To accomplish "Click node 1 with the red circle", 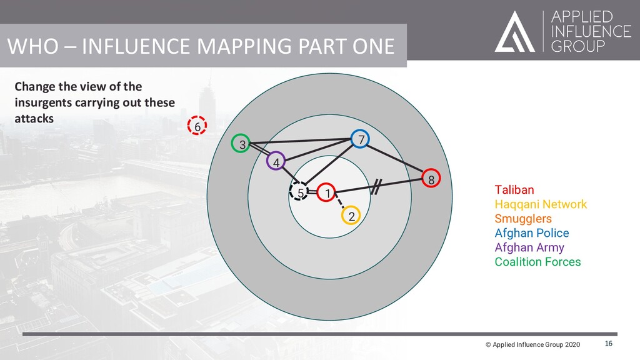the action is [x=326, y=193].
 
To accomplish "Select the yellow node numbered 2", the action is [x=351, y=216].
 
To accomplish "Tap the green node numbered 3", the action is [x=241, y=144].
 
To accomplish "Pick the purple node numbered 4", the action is [x=276, y=162].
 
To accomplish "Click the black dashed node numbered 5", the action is [x=300, y=192].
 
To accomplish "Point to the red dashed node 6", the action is [x=197, y=126].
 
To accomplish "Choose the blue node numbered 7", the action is [x=360, y=139].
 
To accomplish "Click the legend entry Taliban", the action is [x=514, y=189].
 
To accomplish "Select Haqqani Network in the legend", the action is [x=541, y=204].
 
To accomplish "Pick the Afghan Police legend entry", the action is [x=532, y=233].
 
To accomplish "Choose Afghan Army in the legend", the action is [x=529, y=247].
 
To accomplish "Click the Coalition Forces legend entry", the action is [x=537, y=262].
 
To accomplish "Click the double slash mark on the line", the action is [x=376, y=186].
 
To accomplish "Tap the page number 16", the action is [x=609, y=344].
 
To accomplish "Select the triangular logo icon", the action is [x=514, y=32].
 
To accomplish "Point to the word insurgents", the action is [x=41, y=102].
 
